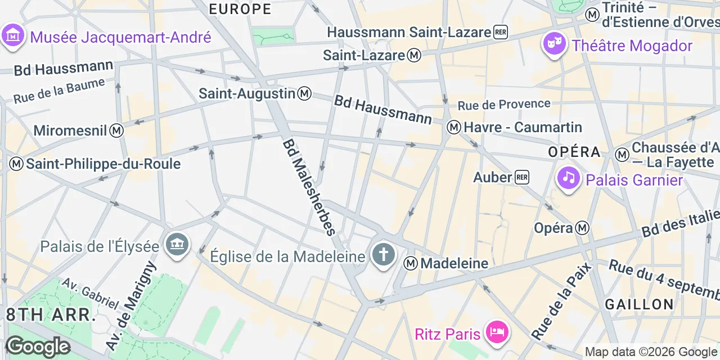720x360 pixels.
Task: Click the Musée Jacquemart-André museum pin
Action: pyautogui.click(x=12, y=36)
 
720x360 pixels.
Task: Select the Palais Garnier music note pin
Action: pyautogui.click(x=569, y=178)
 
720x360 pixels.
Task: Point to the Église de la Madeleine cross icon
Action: pyautogui.click(x=383, y=255)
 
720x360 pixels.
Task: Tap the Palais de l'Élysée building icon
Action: pyautogui.click(x=178, y=245)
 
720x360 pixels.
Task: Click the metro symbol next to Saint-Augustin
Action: pyautogui.click(x=304, y=93)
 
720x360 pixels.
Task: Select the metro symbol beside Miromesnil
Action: pyautogui.click(x=116, y=130)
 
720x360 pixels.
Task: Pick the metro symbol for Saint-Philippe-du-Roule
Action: pyautogui.click(x=16, y=164)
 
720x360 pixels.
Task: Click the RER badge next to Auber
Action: pyautogui.click(x=522, y=177)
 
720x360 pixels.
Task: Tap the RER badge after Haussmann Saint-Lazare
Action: pyautogui.click(x=500, y=32)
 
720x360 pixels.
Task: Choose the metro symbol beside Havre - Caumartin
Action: pyautogui.click(x=454, y=127)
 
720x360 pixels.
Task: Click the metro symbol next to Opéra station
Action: pyautogui.click(x=582, y=228)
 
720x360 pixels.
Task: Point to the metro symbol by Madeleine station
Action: pyautogui.click(x=411, y=263)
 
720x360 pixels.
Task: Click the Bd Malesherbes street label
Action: pyautogui.click(x=309, y=187)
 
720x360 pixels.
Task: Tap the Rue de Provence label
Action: pyautogui.click(x=503, y=104)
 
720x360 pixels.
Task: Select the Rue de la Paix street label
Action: pyautogui.click(x=555, y=301)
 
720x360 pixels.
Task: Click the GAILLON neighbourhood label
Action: pyautogui.click(x=639, y=304)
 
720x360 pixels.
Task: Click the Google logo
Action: pyautogui.click(x=37, y=346)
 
